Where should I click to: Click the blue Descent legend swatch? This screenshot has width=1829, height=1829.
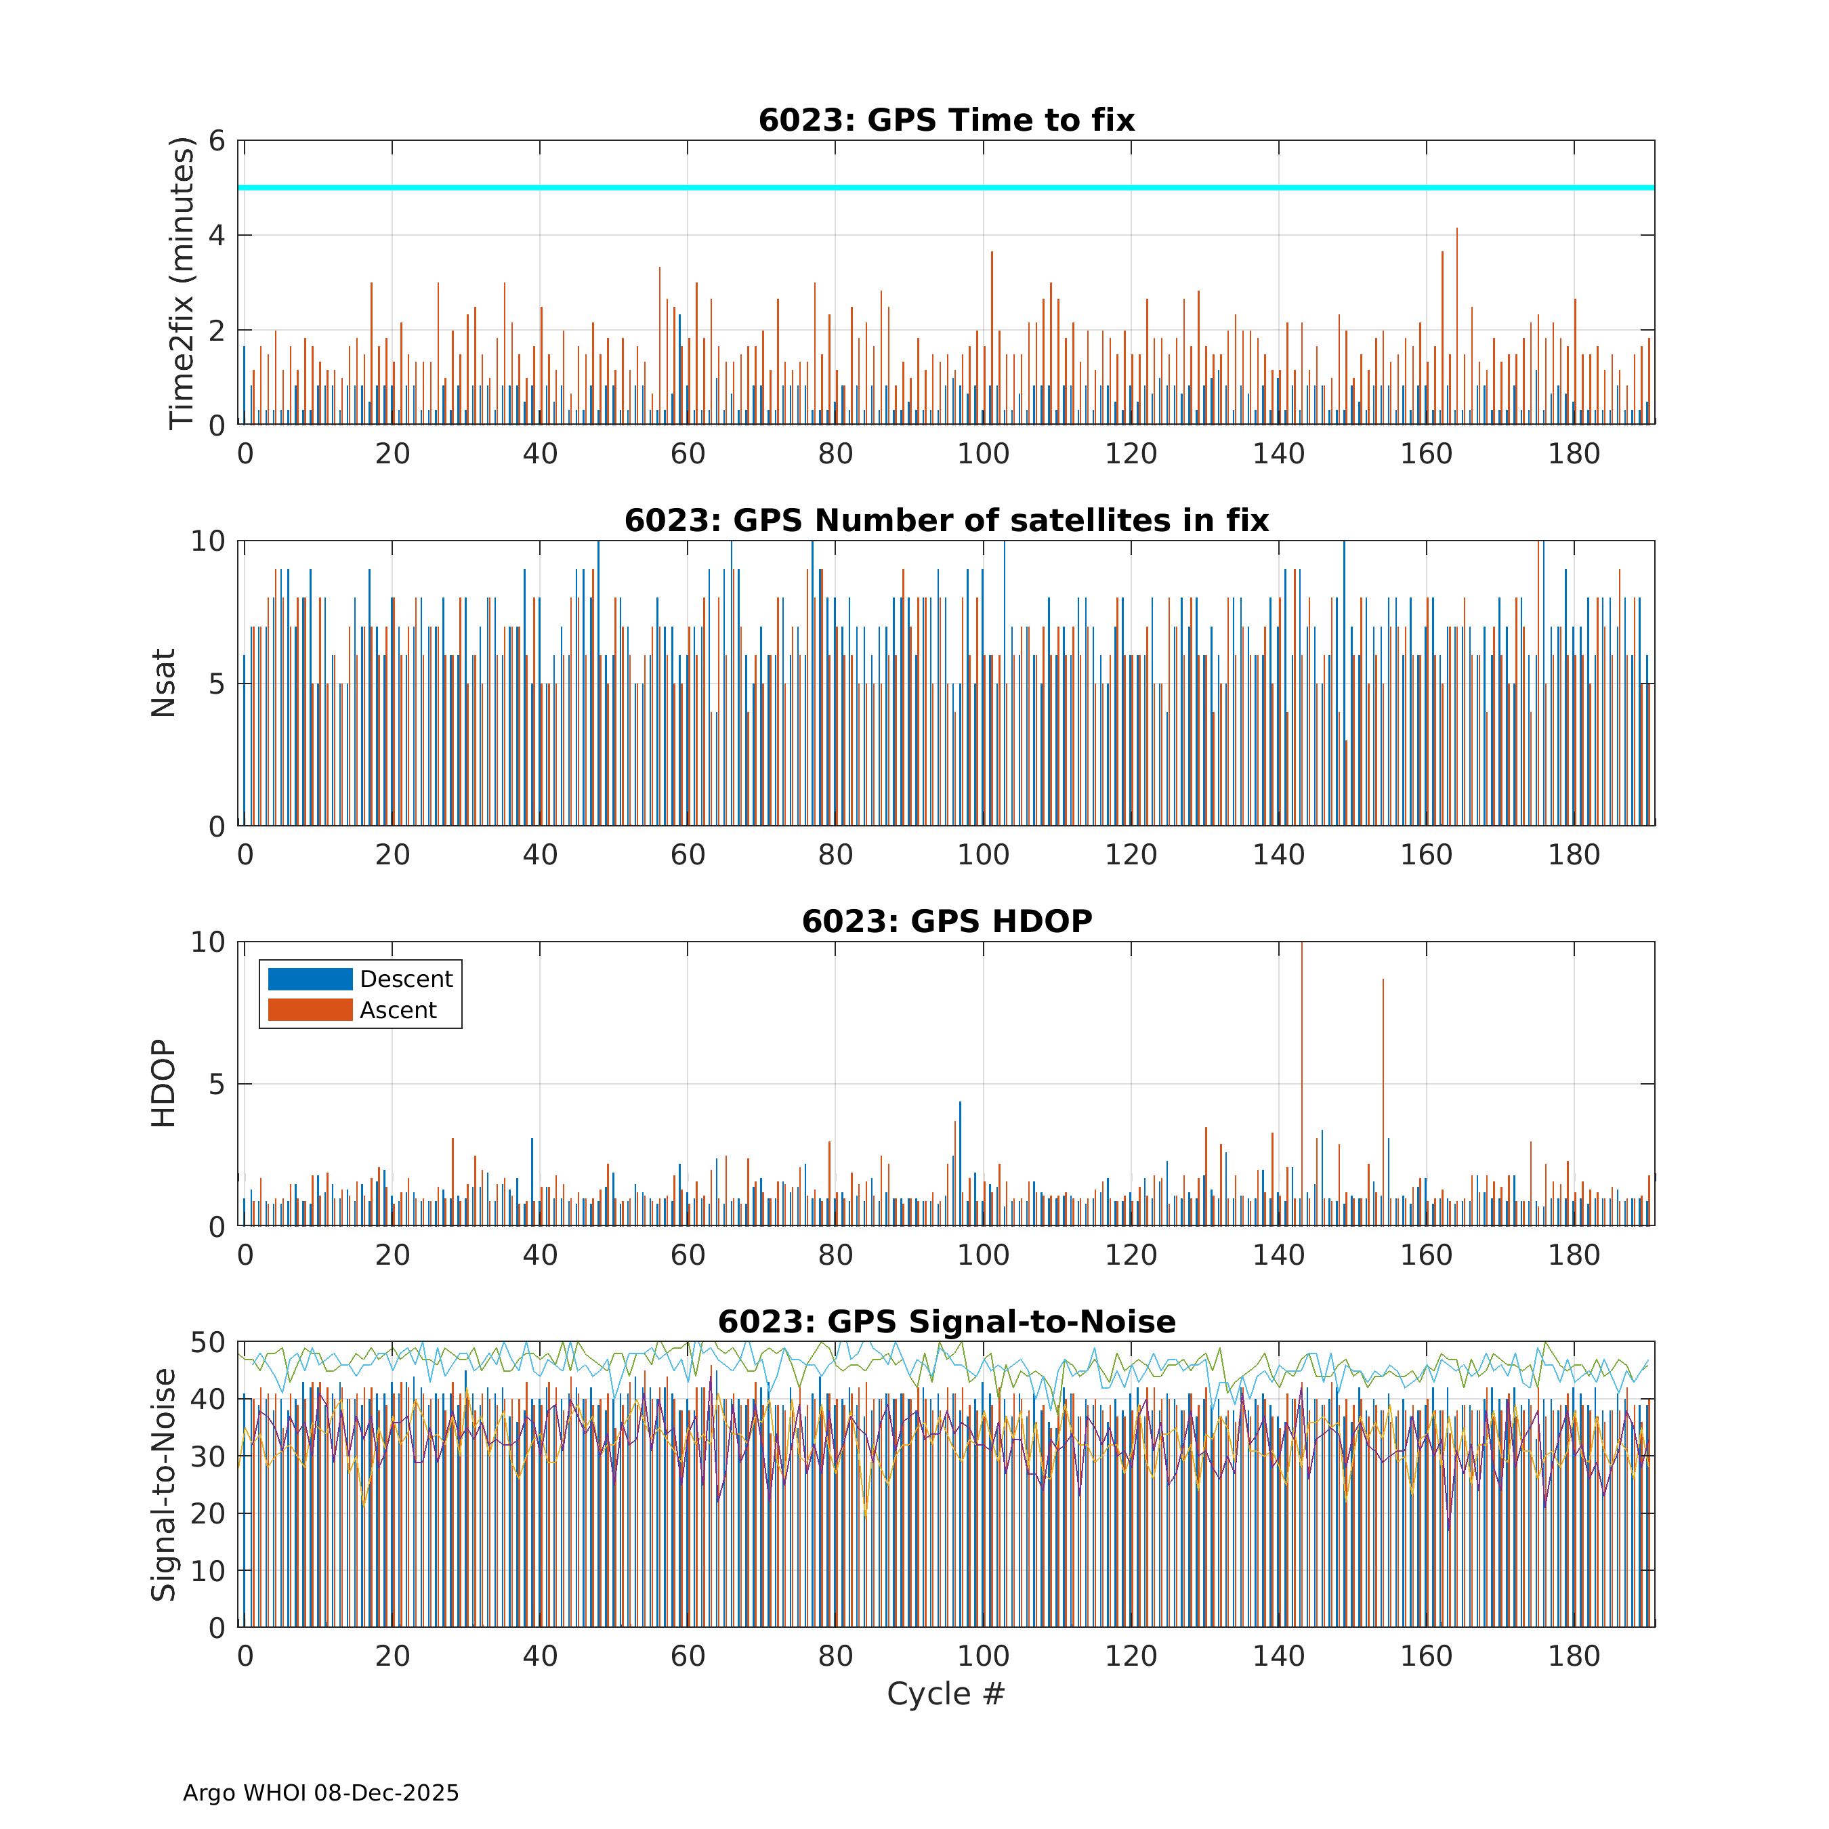(x=310, y=979)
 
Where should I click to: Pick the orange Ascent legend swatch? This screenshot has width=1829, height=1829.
(x=310, y=1010)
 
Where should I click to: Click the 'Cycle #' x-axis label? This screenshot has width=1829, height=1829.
(x=945, y=1694)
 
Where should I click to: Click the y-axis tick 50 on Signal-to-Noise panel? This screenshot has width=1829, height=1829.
(x=207, y=1343)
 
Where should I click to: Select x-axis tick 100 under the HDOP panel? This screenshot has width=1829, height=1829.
(x=983, y=1255)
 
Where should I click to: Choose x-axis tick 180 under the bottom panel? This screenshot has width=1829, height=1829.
(x=1574, y=1656)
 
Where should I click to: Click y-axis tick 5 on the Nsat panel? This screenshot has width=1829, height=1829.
(x=217, y=684)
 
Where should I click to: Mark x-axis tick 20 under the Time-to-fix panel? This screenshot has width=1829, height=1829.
(x=392, y=455)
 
